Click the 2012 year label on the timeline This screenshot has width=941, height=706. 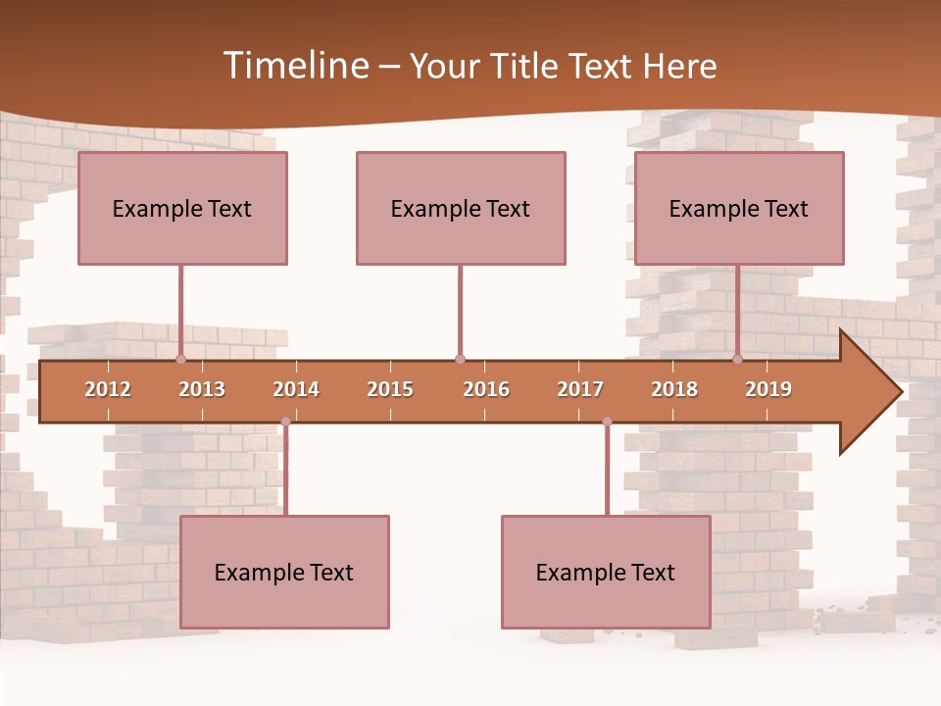tap(108, 389)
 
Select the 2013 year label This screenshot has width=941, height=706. tap(202, 389)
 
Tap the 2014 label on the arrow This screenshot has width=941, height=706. tap(296, 389)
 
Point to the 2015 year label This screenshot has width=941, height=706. tap(390, 389)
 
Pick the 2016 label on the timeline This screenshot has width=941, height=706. tap(486, 389)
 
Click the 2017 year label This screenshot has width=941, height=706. tap(580, 389)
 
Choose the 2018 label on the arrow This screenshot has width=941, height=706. tap(674, 389)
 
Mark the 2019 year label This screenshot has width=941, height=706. tap(768, 389)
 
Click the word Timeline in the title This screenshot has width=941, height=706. tap(295, 66)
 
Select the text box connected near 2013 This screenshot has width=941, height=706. tap(182, 208)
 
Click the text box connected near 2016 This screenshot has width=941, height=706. tap(461, 208)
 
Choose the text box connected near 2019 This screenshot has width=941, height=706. tap(739, 208)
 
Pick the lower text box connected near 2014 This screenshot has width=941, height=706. tap(284, 572)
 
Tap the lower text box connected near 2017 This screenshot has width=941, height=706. tap(606, 572)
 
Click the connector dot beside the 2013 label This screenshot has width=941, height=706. tap(180, 359)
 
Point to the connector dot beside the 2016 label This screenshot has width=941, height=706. tap(460, 359)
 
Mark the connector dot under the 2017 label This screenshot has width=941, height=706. tap(607, 422)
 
